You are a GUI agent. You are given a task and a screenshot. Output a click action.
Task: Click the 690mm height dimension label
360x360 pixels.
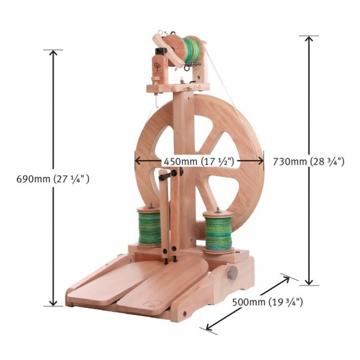coord(53,179)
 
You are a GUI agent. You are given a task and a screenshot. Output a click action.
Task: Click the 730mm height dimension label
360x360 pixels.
coord(309,161)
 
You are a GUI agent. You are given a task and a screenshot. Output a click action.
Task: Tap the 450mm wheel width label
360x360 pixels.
coord(199,161)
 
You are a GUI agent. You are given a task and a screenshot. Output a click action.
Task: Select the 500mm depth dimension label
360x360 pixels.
coord(268,302)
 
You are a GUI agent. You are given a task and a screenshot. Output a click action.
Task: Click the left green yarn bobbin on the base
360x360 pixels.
coord(149,227)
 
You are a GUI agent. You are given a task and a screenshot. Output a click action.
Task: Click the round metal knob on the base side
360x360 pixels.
coord(233,273)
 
